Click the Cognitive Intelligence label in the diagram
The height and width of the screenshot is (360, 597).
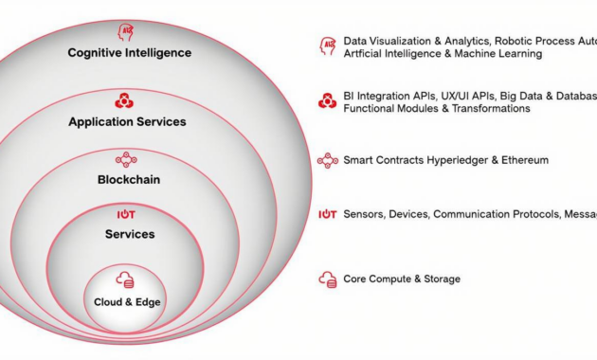(x=129, y=53)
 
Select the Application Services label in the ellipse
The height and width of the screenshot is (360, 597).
(x=127, y=122)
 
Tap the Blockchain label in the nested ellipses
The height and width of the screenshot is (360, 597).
(x=128, y=179)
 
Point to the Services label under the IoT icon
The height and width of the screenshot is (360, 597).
(x=129, y=234)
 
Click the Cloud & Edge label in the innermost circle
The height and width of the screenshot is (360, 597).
(x=127, y=302)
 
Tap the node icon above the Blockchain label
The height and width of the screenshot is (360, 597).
(x=126, y=160)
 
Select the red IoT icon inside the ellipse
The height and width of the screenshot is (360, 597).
(x=126, y=215)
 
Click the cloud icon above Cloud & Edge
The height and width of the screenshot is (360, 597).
(x=125, y=280)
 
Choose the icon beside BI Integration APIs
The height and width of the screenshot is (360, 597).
(x=328, y=101)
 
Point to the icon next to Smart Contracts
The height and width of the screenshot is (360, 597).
(x=328, y=160)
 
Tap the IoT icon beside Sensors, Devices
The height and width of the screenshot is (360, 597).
(x=328, y=215)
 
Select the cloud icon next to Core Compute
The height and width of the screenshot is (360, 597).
(x=328, y=279)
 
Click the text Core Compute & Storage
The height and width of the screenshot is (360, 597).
(x=402, y=279)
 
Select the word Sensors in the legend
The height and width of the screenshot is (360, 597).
(x=365, y=215)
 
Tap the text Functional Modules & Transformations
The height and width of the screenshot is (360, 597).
(x=437, y=109)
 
